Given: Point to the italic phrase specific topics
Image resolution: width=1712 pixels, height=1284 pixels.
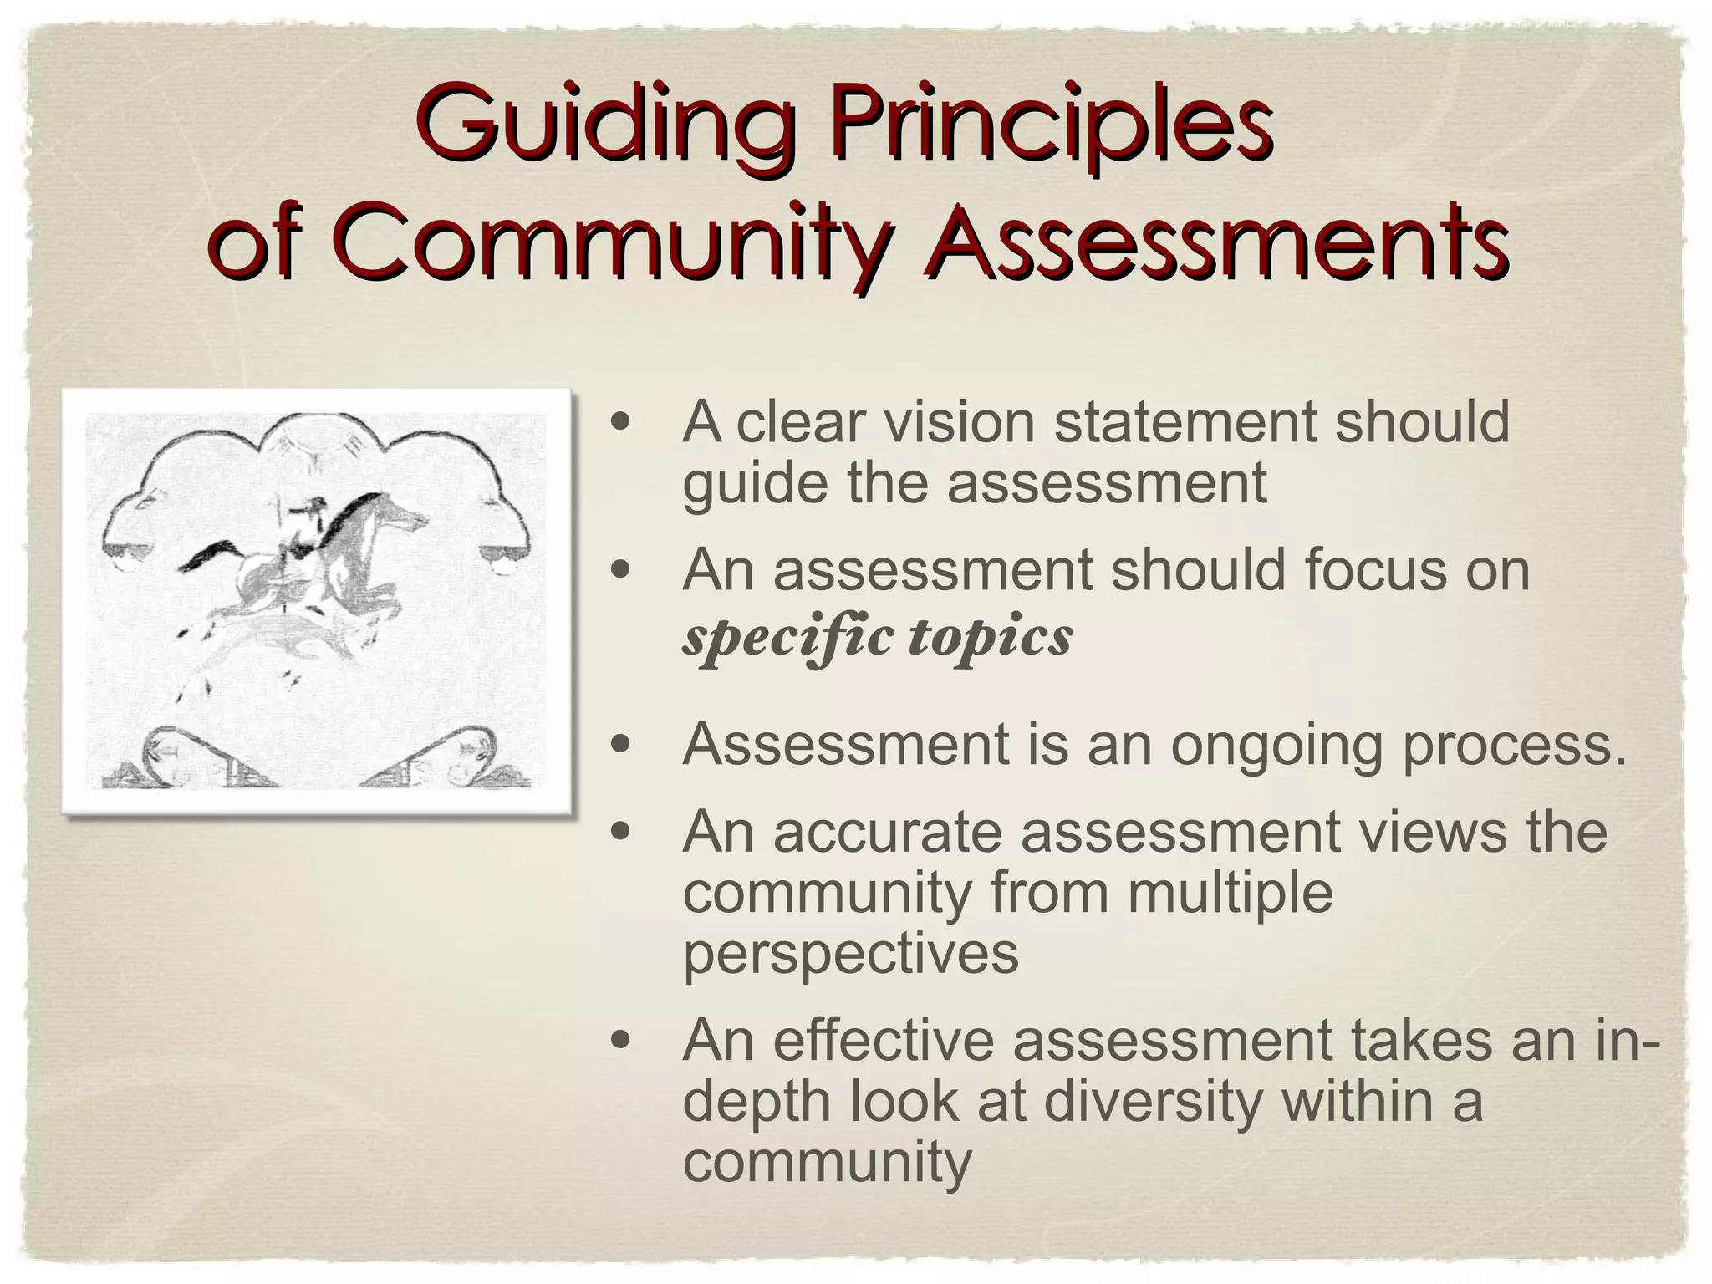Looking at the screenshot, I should click(877, 639).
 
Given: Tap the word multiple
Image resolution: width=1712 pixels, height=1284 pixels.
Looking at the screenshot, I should click(1229, 891).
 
